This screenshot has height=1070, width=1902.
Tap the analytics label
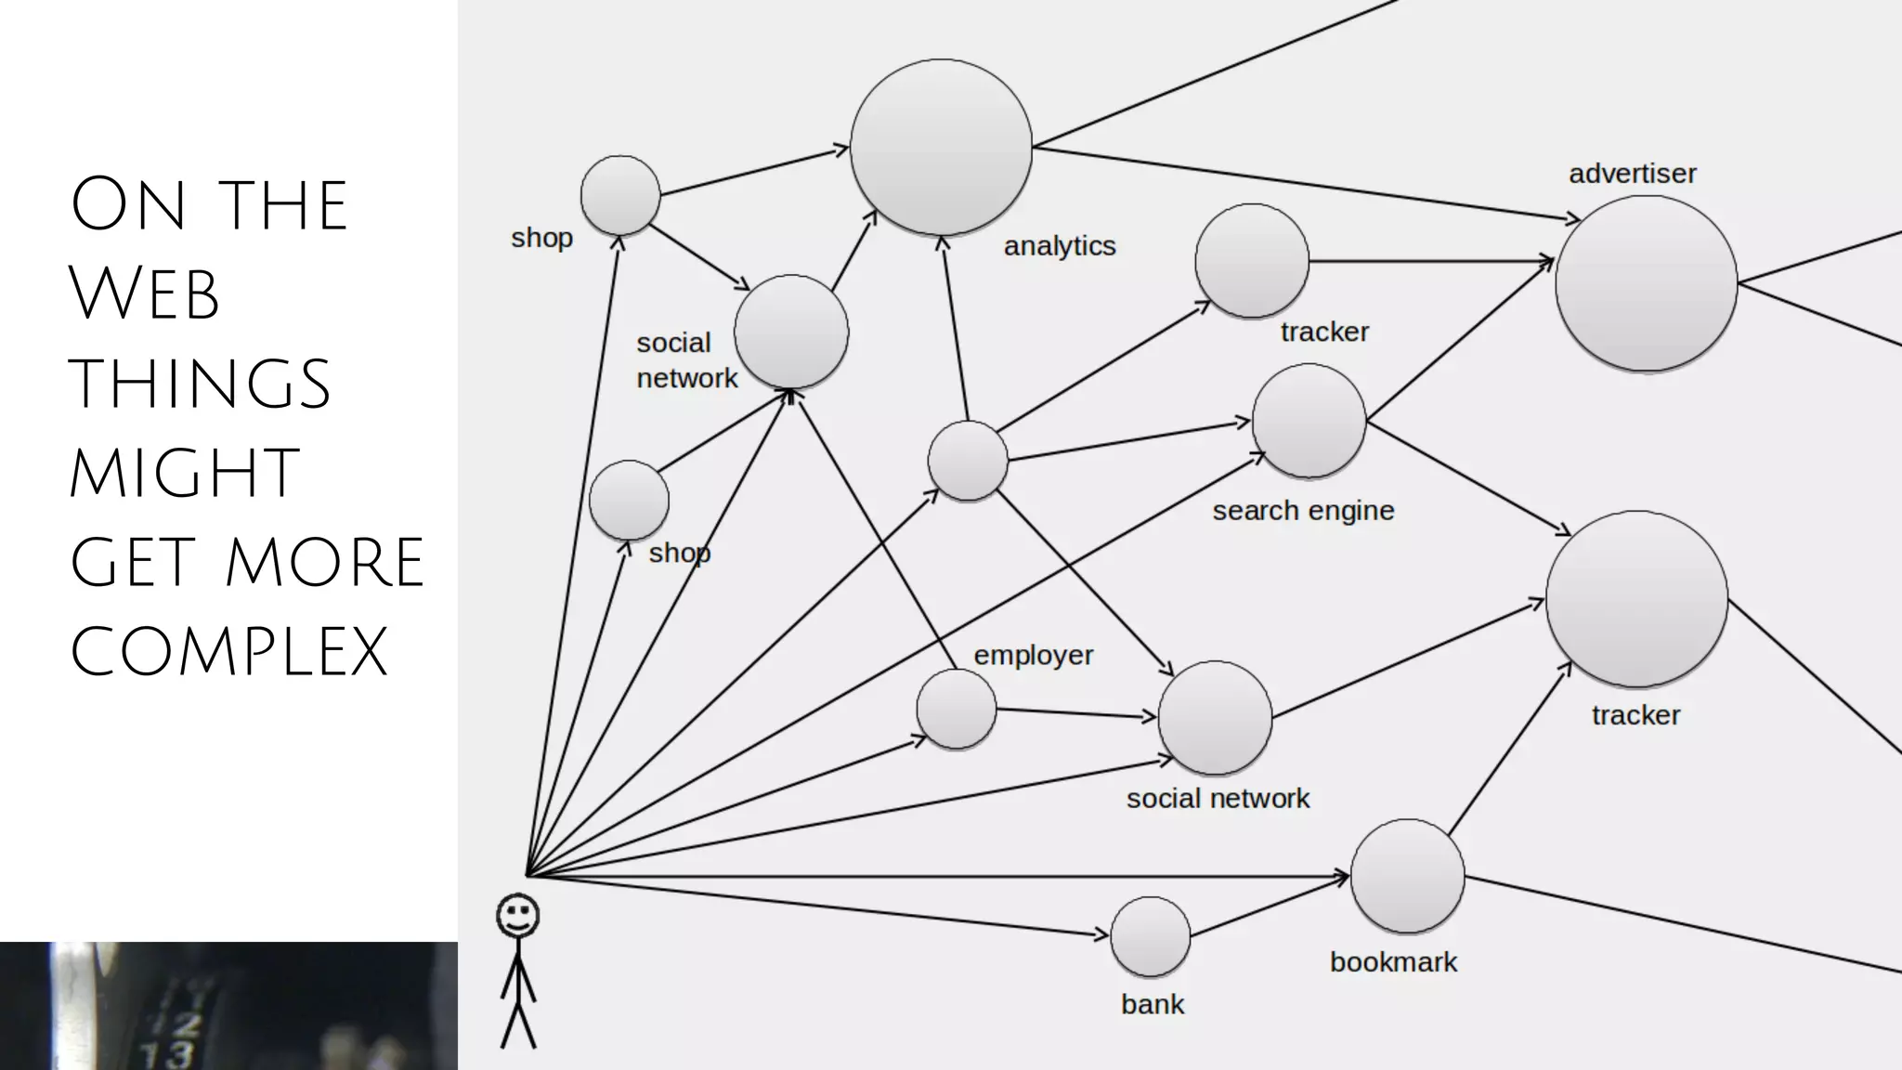tap(1060, 246)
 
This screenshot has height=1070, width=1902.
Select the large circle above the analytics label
tap(941, 147)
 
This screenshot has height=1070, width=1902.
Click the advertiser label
tap(1632, 174)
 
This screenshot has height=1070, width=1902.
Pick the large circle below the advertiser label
tap(1646, 283)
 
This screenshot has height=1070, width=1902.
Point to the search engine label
tap(1303, 511)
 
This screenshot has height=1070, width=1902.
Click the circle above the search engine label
tap(1309, 421)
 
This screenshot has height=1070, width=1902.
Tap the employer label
tap(1033, 656)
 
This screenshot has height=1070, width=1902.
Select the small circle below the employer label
tap(957, 710)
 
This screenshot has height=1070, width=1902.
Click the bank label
tap(1153, 1005)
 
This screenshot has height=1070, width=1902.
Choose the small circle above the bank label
tap(1151, 936)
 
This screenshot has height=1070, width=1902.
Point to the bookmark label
tap(1393, 962)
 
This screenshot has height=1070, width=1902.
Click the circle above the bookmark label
tap(1407, 876)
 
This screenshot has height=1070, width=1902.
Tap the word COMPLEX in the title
tap(228, 651)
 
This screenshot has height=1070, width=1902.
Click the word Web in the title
tap(144, 294)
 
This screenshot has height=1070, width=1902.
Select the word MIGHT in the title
tap(184, 473)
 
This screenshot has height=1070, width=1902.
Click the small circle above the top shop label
tap(620, 195)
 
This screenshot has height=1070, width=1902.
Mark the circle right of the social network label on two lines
tap(791, 332)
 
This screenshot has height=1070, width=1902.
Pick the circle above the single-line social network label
tap(1215, 718)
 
